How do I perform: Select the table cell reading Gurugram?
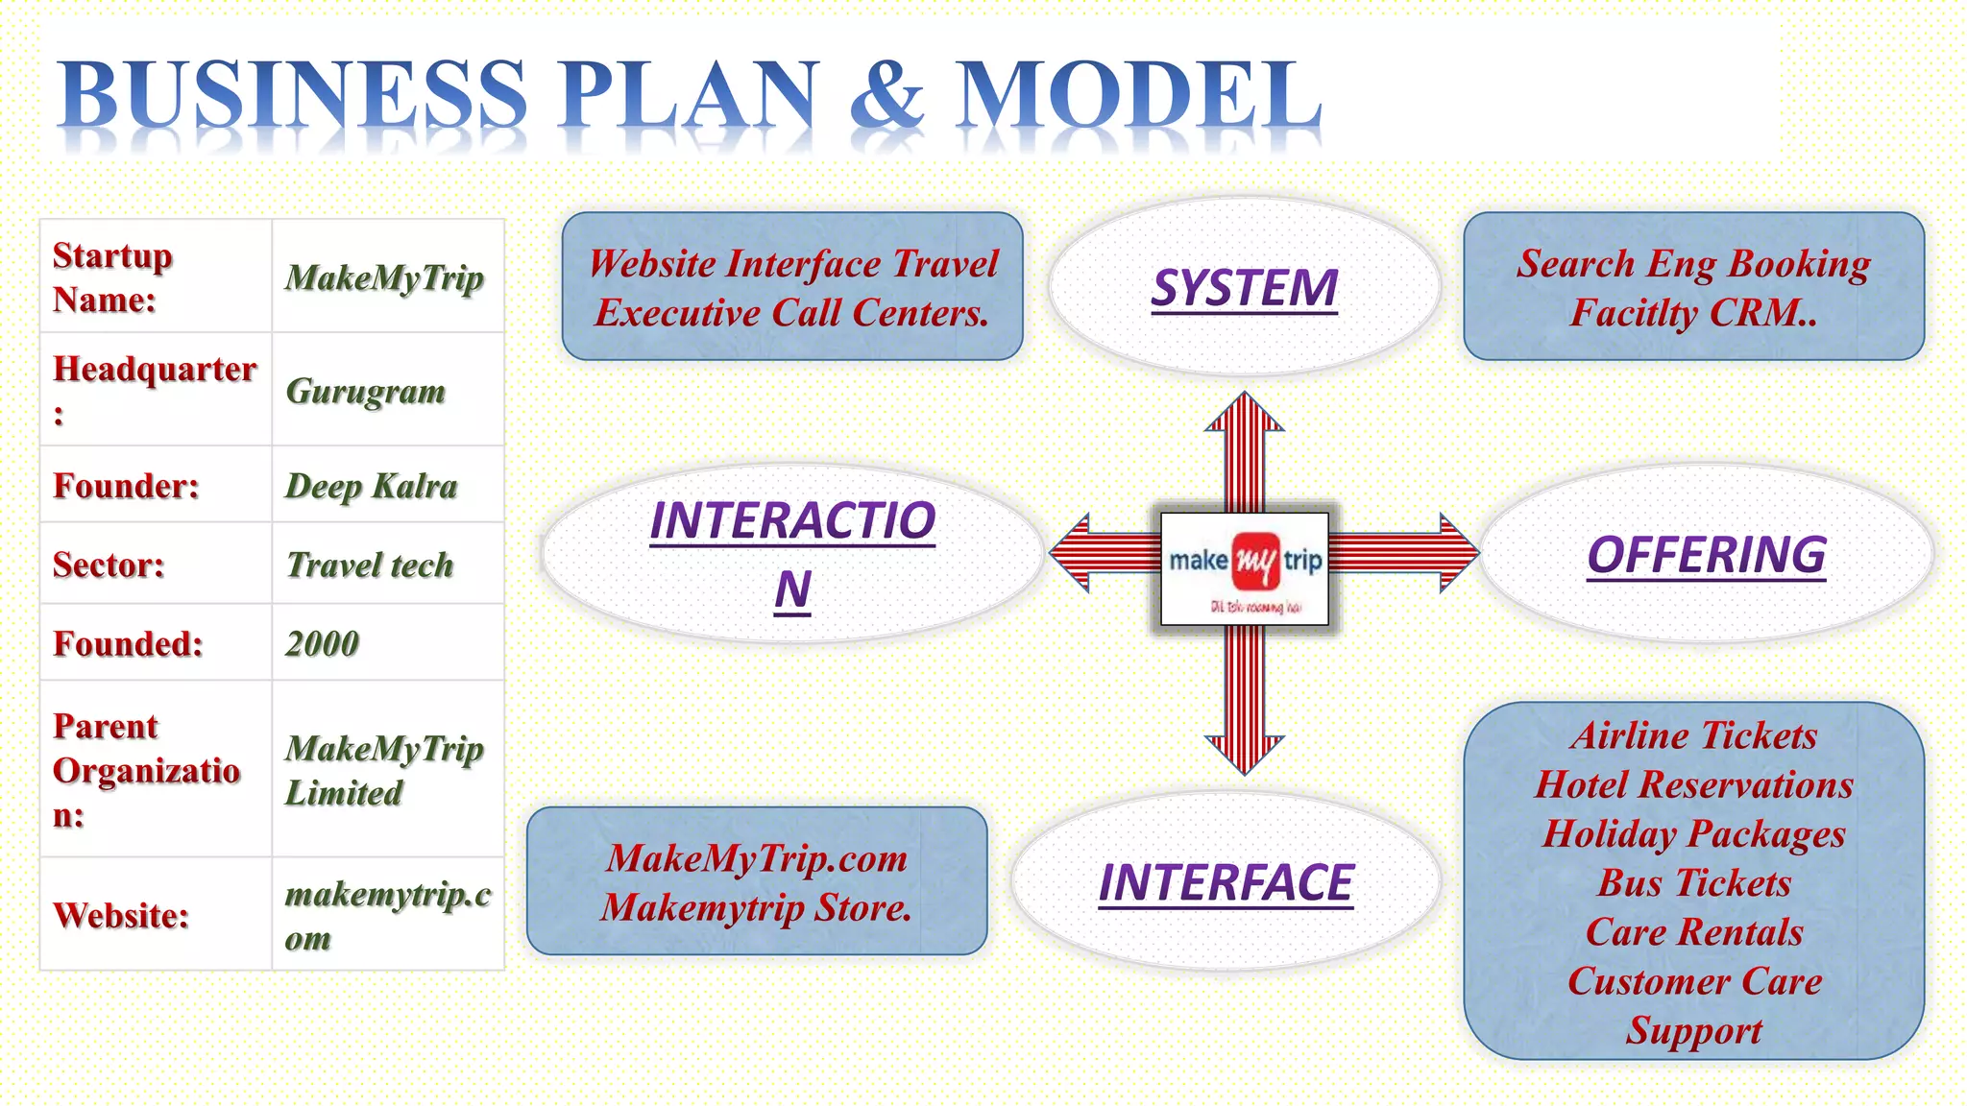tap(366, 391)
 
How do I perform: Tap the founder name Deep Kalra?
tap(371, 486)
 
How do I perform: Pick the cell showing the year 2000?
tap(322, 643)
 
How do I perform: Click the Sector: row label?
tap(109, 565)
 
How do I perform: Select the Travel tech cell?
tap(370, 565)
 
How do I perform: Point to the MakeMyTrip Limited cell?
tap(383, 770)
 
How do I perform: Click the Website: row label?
tap(121, 915)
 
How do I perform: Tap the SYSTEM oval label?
tap(1244, 288)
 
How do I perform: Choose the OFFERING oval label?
tap(1706, 555)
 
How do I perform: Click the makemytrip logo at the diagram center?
tap(1245, 567)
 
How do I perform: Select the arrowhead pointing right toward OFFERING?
tap(1459, 552)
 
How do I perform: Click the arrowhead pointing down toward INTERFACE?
tap(1245, 754)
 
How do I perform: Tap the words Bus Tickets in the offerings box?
tap(1694, 883)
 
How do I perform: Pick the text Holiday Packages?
tap(1694, 833)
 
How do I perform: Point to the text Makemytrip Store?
tap(757, 907)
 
